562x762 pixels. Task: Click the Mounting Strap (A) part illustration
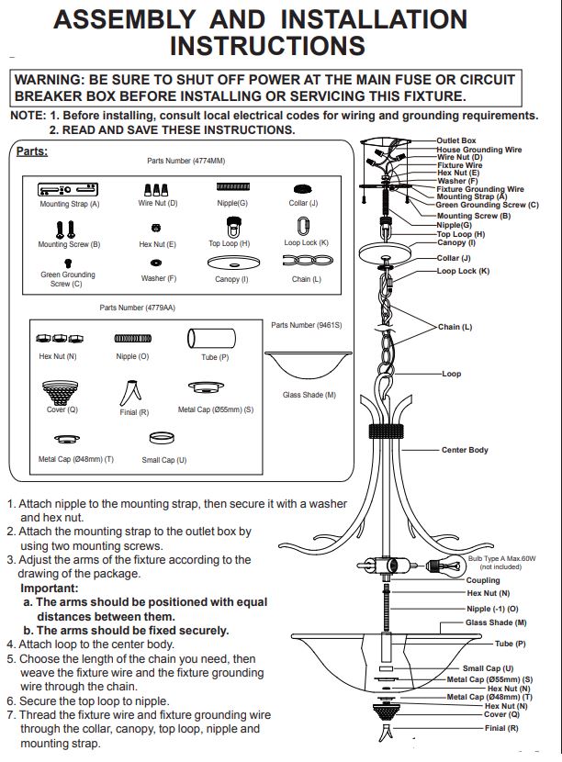point(68,189)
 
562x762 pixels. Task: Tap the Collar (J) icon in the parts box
point(303,189)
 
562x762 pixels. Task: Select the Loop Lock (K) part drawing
point(304,226)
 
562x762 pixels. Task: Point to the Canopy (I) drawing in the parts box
point(233,263)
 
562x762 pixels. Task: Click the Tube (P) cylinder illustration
point(211,338)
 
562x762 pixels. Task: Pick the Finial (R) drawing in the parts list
point(130,393)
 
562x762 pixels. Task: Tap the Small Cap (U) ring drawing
point(162,438)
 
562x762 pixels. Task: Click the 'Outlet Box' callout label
point(456,140)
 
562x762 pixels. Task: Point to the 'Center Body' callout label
point(465,450)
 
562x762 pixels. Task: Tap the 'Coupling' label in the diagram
point(483,580)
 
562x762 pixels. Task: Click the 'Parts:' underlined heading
point(32,151)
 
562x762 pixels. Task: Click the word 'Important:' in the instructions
point(49,588)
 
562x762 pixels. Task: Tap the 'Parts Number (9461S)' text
point(307,325)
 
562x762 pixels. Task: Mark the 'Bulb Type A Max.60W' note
point(501,559)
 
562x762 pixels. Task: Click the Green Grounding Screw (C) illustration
point(68,263)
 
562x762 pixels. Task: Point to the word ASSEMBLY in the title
point(125,20)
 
